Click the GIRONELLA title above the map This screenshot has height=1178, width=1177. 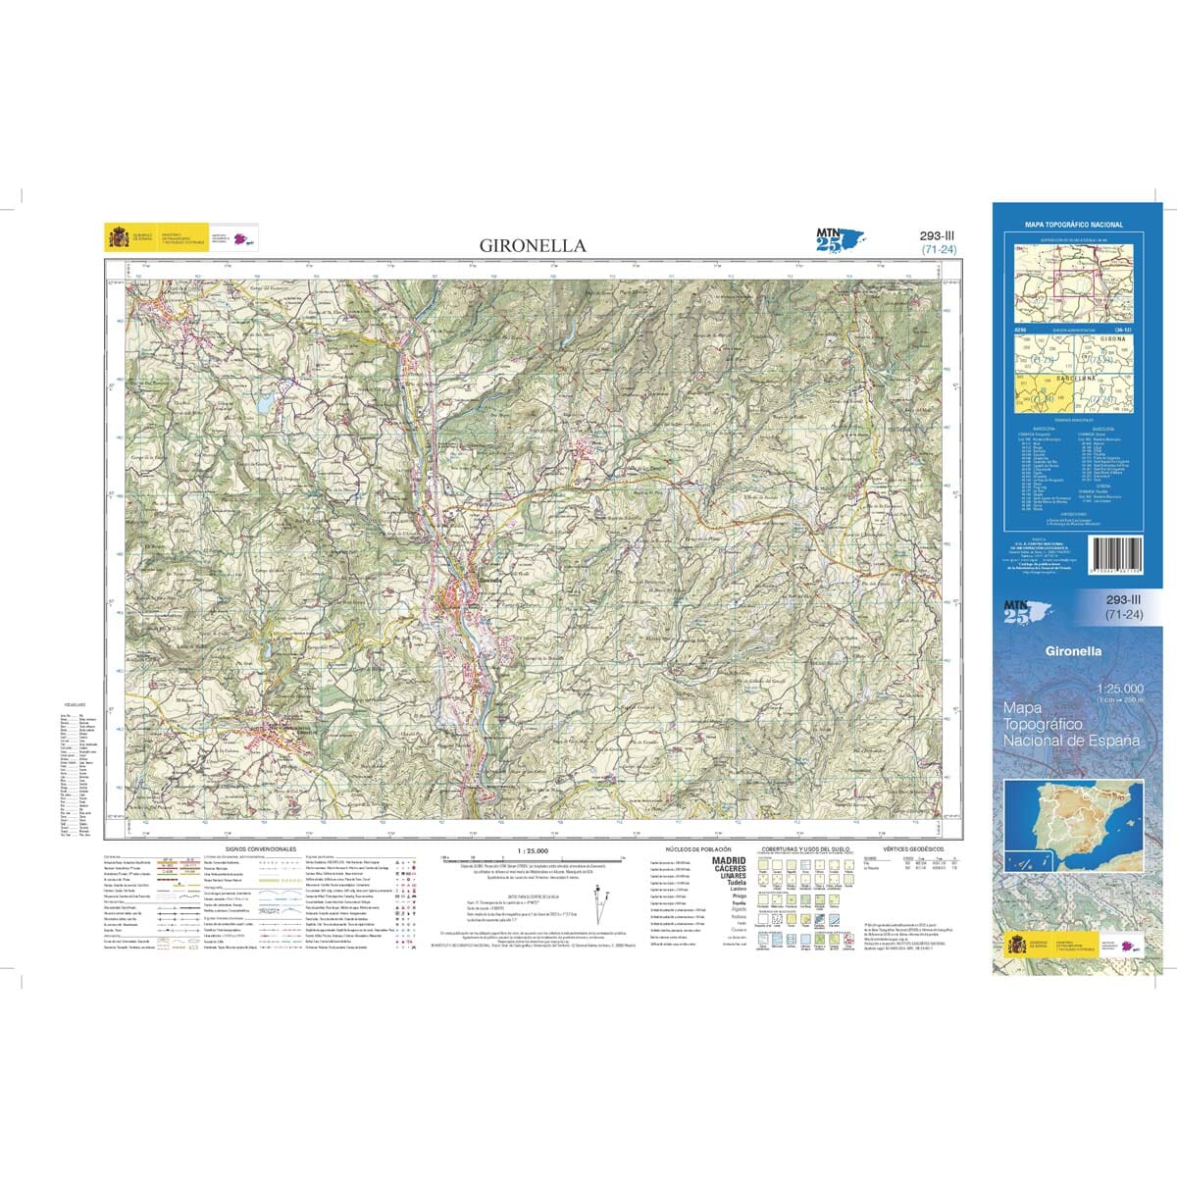pos(534,245)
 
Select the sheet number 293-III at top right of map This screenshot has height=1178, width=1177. pos(939,235)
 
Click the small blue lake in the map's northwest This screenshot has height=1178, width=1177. pos(264,403)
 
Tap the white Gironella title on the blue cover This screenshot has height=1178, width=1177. pos(1074,650)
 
